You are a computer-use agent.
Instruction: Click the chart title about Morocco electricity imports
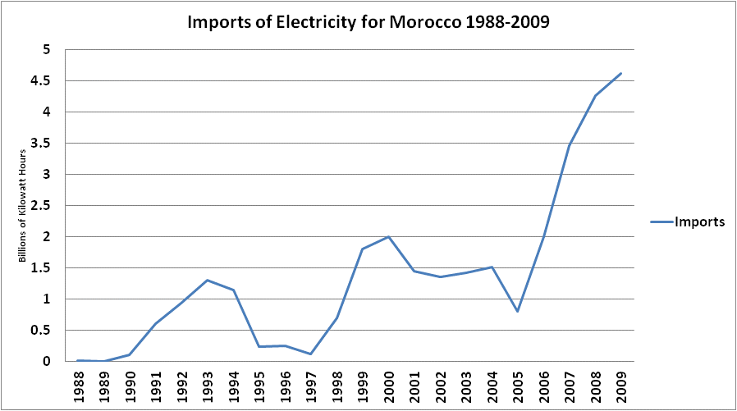[x=368, y=22]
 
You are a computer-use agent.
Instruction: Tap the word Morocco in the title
[x=425, y=22]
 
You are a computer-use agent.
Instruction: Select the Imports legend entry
[x=688, y=221]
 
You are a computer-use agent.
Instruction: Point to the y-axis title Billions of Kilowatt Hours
[x=22, y=206]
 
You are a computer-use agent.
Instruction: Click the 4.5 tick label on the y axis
[x=40, y=80]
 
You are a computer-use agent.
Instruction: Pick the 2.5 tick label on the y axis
[x=40, y=205]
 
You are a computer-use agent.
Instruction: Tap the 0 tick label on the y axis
[x=46, y=361]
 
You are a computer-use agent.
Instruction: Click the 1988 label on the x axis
[x=79, y=387]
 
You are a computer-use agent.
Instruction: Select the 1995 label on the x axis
[x=259, y=387]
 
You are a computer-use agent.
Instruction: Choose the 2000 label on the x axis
[x=389, y=387]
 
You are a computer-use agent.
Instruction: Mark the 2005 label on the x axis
[x=518, y=387]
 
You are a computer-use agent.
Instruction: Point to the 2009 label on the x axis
[x=621, y=387]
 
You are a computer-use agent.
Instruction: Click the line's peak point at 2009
[x=621, y=73]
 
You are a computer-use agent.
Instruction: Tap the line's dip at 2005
[x=518, y=312]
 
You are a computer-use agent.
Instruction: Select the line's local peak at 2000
[x=388, y=237]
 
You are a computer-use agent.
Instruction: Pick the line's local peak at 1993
[x=208, y=281]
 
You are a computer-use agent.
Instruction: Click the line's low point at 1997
[x=311, y=354]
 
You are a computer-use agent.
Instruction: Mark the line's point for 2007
[x=570, y=145]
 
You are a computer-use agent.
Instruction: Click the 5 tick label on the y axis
[x=46, y=49]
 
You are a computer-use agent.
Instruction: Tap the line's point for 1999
[x=363, y=249]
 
